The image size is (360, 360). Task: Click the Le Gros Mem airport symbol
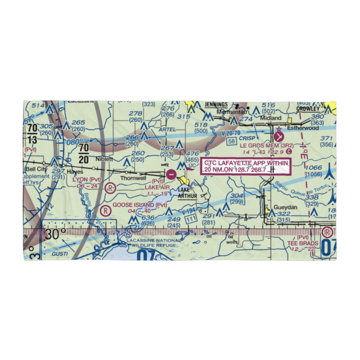tap(279, 137)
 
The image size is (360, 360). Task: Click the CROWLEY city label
tap(308, 108)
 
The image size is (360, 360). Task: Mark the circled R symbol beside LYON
tap(111, 188)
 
